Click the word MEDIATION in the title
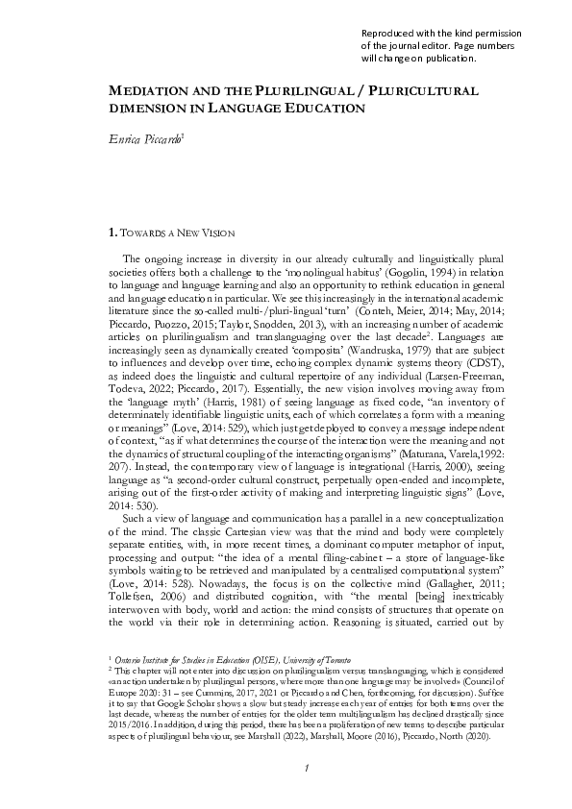click(143, 89)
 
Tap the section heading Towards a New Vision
click(180, 232)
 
